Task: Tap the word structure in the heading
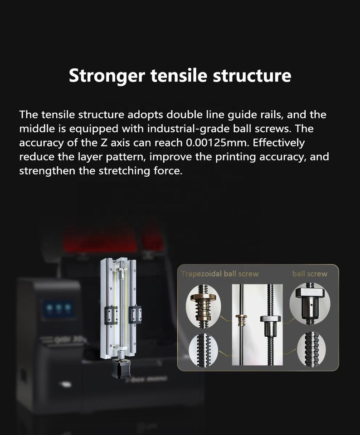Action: point(252,76)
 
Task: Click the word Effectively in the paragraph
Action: point(279,143)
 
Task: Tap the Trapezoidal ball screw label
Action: point(220,274)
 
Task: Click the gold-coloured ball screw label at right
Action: point(310,274)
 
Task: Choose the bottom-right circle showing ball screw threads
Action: point(311,349)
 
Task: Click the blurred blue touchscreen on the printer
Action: point(58,308)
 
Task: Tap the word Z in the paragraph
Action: point(101,143)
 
